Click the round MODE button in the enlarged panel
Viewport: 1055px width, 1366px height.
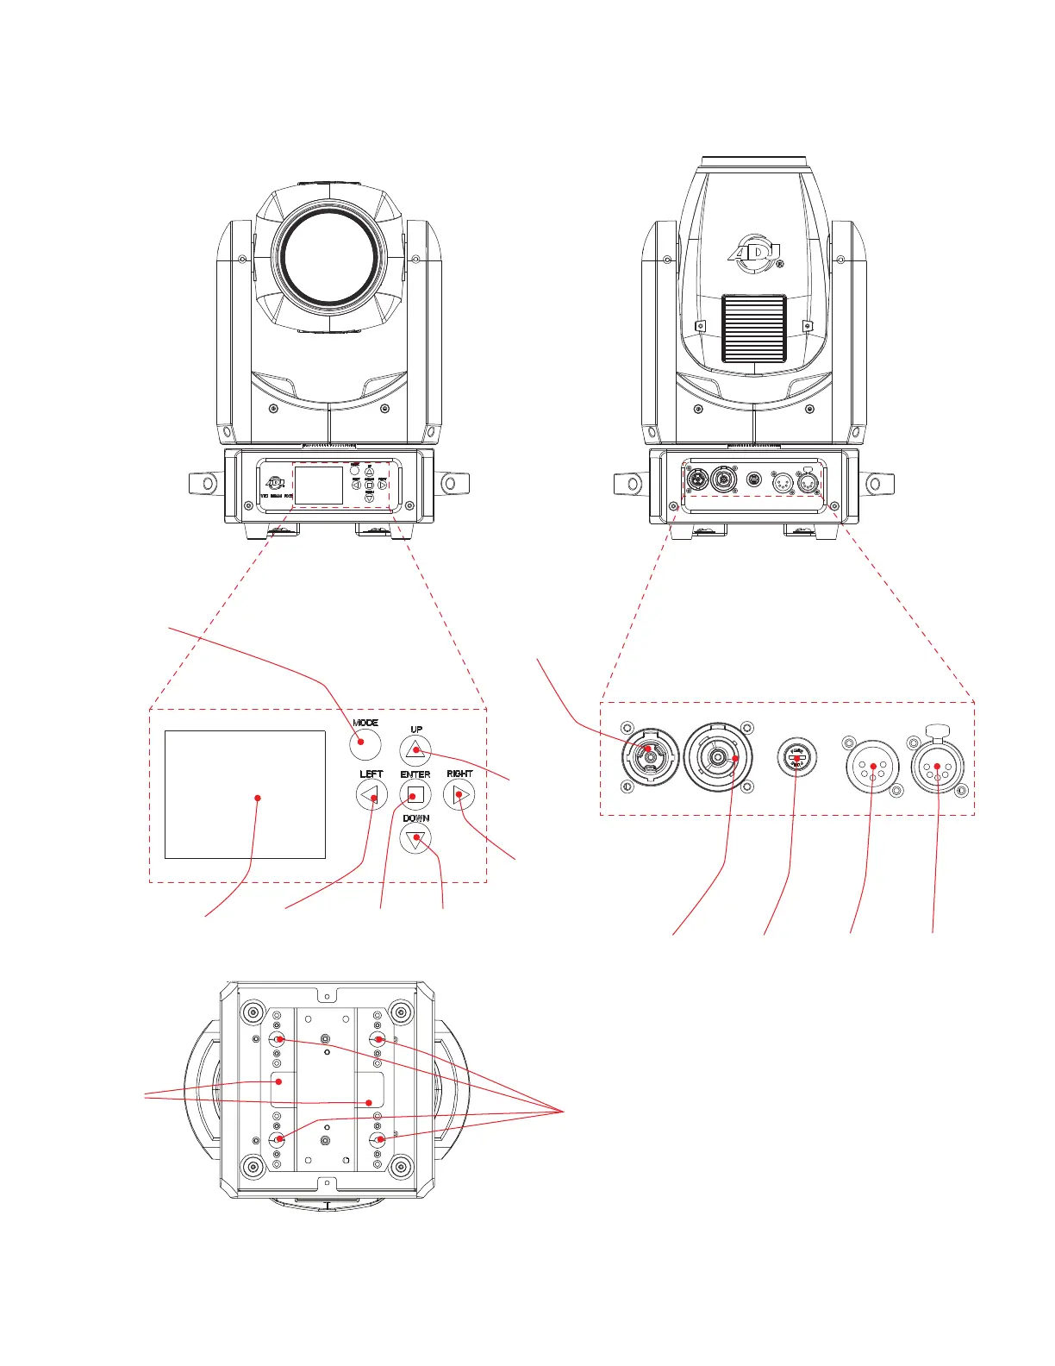click(365, 742)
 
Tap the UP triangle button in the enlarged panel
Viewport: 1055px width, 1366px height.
click(416, 749)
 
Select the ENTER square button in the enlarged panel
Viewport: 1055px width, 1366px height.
click(415, 794)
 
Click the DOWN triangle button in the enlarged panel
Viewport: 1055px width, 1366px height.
click(416, 838)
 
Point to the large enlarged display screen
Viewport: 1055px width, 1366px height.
click(246, 794)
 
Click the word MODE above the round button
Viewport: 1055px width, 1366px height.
click(365, 723)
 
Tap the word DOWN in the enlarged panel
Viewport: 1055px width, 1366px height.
click(416, 818)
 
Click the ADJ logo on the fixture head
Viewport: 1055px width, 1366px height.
click(754, 252)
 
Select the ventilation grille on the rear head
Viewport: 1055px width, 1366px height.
click(754, 328)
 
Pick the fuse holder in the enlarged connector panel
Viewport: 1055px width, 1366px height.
click(797, 758)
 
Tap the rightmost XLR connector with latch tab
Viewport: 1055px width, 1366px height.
click(938, 765)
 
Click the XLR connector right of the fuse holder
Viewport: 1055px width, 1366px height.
click(874, 765)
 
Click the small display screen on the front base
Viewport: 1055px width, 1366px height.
click(319, 486)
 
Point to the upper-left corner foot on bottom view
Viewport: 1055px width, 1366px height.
click(253, 1011)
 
